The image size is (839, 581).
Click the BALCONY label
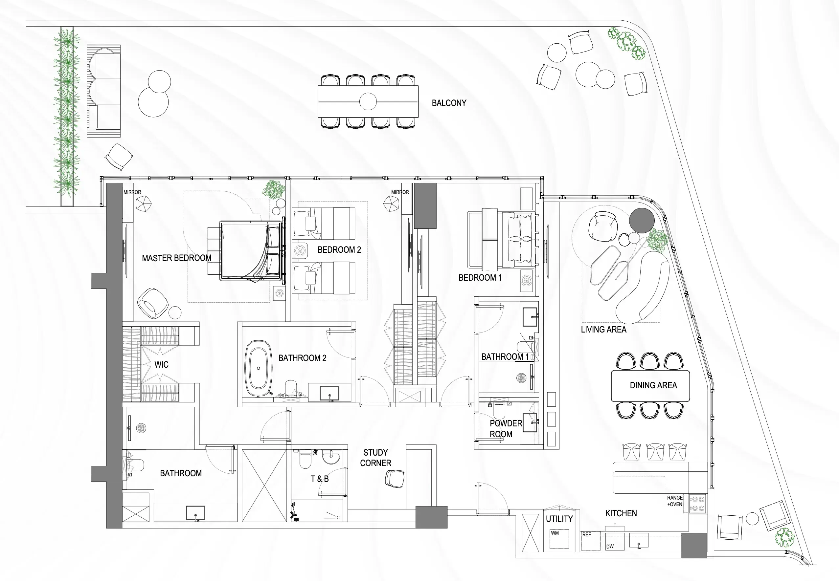449,103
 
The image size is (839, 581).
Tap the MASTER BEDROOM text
176,258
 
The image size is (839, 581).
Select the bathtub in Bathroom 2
258,368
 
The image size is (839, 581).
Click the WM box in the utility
559,539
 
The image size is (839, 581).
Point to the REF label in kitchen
586,534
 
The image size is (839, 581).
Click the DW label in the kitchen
610,547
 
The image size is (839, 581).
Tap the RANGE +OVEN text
674,501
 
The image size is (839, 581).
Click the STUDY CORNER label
375,458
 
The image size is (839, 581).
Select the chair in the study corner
395,478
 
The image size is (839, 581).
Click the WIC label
161,365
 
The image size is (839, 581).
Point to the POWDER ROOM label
505,428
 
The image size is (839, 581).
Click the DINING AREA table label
653,385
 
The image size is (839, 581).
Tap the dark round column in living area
642,220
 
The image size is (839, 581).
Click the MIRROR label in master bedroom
132,192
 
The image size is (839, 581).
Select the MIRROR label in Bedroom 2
400,192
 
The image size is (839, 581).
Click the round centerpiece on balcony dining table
368,101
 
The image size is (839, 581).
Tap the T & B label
320,479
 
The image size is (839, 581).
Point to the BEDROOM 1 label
480,278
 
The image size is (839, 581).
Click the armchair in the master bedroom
152,303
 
